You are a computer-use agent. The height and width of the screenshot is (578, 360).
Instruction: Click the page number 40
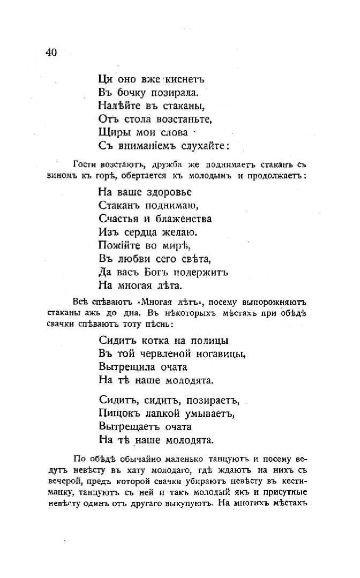51,52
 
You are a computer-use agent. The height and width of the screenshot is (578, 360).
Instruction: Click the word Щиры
112,132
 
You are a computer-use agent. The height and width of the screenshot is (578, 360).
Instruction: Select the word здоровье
167,192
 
